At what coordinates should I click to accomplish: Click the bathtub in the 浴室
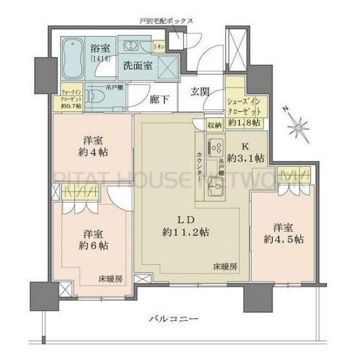(74, 58)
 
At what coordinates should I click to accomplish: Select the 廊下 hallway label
(159, 99)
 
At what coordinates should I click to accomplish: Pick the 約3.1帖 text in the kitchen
(250, 158)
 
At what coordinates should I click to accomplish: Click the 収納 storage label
(214, 125)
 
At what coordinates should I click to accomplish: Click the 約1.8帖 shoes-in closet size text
(246, 122)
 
